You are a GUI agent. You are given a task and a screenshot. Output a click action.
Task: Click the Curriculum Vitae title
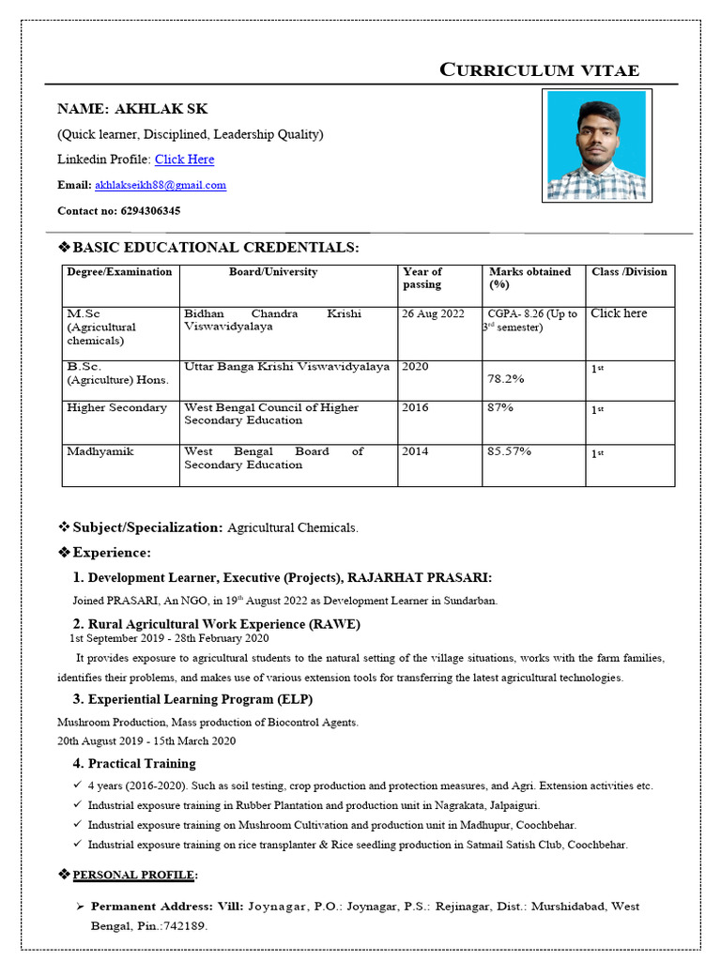tap(540, 70)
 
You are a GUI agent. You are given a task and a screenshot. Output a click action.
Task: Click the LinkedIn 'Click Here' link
tap(184, 160)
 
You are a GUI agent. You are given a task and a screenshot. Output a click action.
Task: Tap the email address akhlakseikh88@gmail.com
tap(161, 186)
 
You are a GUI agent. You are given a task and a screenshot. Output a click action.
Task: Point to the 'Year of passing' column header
tap(422, 278)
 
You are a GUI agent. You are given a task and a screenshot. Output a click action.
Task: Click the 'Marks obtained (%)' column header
tap(529, 278)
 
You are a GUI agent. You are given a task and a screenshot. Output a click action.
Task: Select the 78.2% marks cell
tap(505, 379)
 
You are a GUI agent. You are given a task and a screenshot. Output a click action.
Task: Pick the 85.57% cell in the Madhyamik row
tap(509, 451)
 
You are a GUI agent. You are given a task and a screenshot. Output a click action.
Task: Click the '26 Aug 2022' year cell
tap(433, 314)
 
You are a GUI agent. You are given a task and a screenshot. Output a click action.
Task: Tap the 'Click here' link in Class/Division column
tap(619, 313)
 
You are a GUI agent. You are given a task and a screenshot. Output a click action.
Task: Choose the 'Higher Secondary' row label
tap(116, 408)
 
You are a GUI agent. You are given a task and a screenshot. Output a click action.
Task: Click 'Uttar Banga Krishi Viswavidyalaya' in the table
tap(286, 367)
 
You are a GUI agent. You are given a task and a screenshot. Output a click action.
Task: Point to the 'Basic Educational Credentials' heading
tap(215, 248)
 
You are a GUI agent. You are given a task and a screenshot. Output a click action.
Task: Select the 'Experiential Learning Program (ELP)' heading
tap(200, 699)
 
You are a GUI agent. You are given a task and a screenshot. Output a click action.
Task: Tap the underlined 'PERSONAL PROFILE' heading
tap(135, 875)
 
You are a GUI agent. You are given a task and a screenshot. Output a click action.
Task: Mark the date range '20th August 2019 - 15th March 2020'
tap(146, 740)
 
